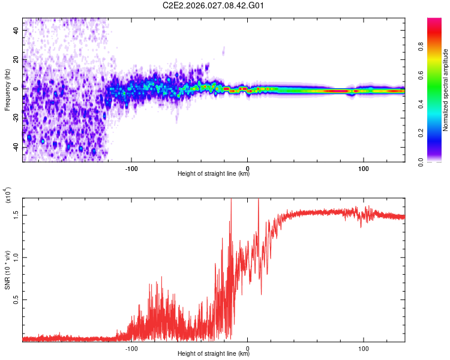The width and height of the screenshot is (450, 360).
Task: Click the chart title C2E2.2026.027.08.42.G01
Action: click(214, 6)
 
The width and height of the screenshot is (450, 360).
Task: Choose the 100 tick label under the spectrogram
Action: click(364, 167)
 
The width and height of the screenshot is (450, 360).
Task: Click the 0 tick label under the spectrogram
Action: click(247, 167)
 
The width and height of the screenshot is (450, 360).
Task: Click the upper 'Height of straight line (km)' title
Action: click(214, 174)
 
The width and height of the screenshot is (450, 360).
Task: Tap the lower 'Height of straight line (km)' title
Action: click(214, 353)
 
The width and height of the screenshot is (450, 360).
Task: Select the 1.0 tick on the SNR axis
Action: click(16, 257)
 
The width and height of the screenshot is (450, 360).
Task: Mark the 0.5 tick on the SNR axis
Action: click(16, 299)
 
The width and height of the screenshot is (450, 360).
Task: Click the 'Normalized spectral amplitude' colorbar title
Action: click(446, 90)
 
